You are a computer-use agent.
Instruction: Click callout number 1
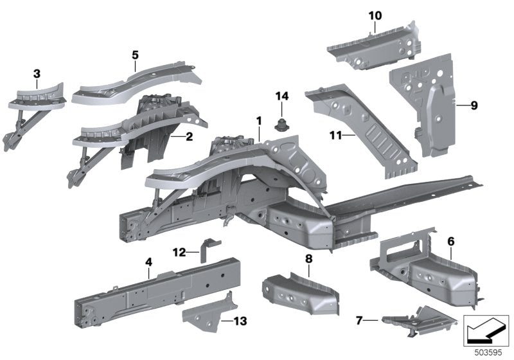pos(259,121)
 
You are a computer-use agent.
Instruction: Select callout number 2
pos(189,136)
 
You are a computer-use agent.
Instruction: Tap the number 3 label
pos(37,74)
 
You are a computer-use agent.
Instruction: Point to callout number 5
pos(135,55)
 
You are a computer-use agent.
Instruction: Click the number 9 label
pos(474,105)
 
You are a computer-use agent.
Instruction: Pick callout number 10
pos(375,15)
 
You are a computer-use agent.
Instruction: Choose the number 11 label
pos(335,135)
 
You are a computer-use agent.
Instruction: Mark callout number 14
pos(282,96)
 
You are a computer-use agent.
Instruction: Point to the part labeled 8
pos(300,293)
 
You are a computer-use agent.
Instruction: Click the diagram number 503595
pos(488,353)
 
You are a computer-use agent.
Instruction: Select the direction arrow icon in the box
pos(486,330)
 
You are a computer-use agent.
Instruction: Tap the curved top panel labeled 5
pos(137,83)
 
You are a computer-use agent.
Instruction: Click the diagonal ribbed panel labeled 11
pos(360,129)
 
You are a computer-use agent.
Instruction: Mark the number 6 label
pos(451,242)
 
